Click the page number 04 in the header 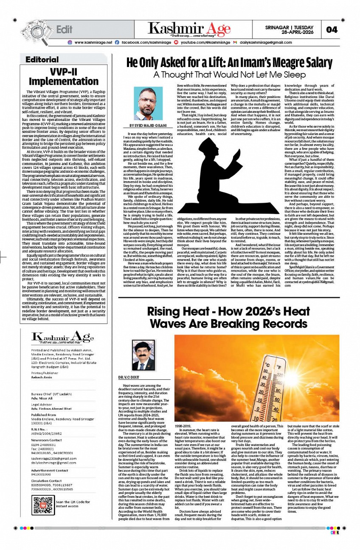[x=332, y=29]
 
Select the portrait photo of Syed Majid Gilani [x=148, y=104]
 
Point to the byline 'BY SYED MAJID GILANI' [x=148, y=126]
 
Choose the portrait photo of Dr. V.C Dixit [x=143, y=356]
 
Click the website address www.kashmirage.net [x=93, y=42]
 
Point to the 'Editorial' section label [x=42, y=59]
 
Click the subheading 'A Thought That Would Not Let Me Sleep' [x=230, y=75]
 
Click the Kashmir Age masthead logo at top [x=189, y=29]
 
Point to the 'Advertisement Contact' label [x=50, y=470]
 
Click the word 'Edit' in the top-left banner [x=65, y=29]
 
